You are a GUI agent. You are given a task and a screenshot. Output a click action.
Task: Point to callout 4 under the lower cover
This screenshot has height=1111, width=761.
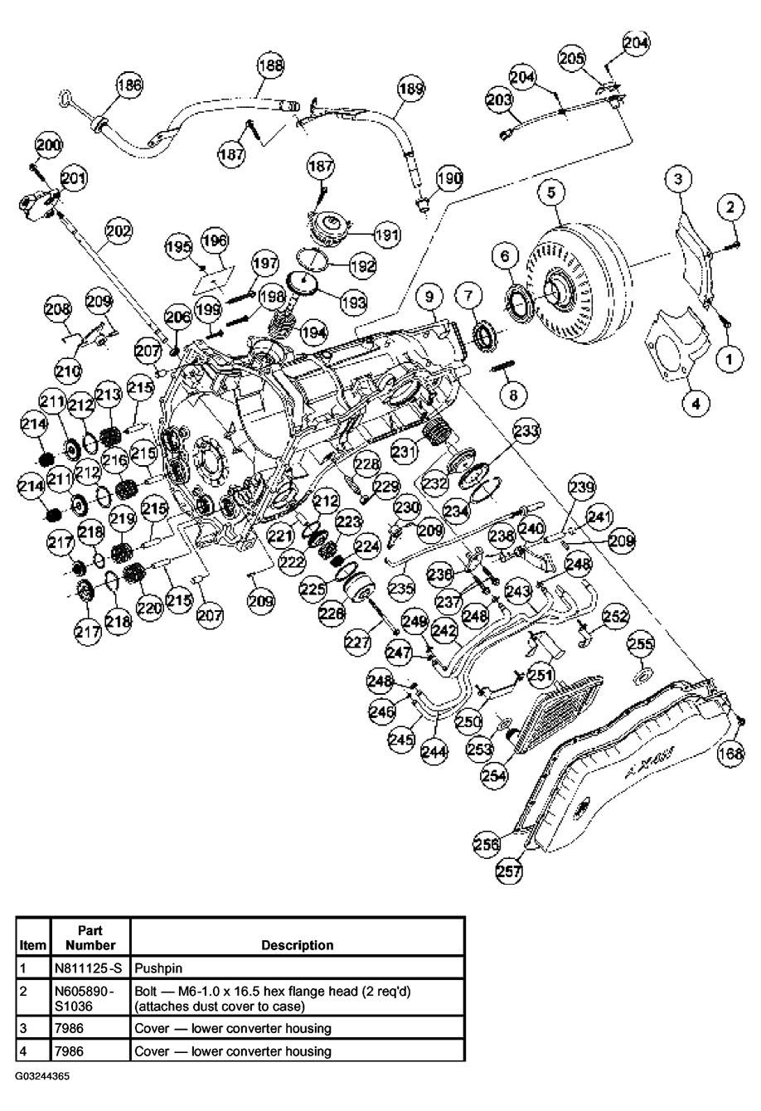point(696,404)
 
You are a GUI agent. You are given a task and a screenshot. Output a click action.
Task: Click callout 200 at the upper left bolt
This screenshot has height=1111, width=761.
point(49,145)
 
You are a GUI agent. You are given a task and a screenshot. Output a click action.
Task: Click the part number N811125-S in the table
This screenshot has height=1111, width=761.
point(90,967)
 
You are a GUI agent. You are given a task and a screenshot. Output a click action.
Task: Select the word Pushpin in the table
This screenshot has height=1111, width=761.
point(159,967)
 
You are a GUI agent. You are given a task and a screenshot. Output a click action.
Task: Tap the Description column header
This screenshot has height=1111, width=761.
point(297,944)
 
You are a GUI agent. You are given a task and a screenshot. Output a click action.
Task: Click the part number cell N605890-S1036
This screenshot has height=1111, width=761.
point(90,997)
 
